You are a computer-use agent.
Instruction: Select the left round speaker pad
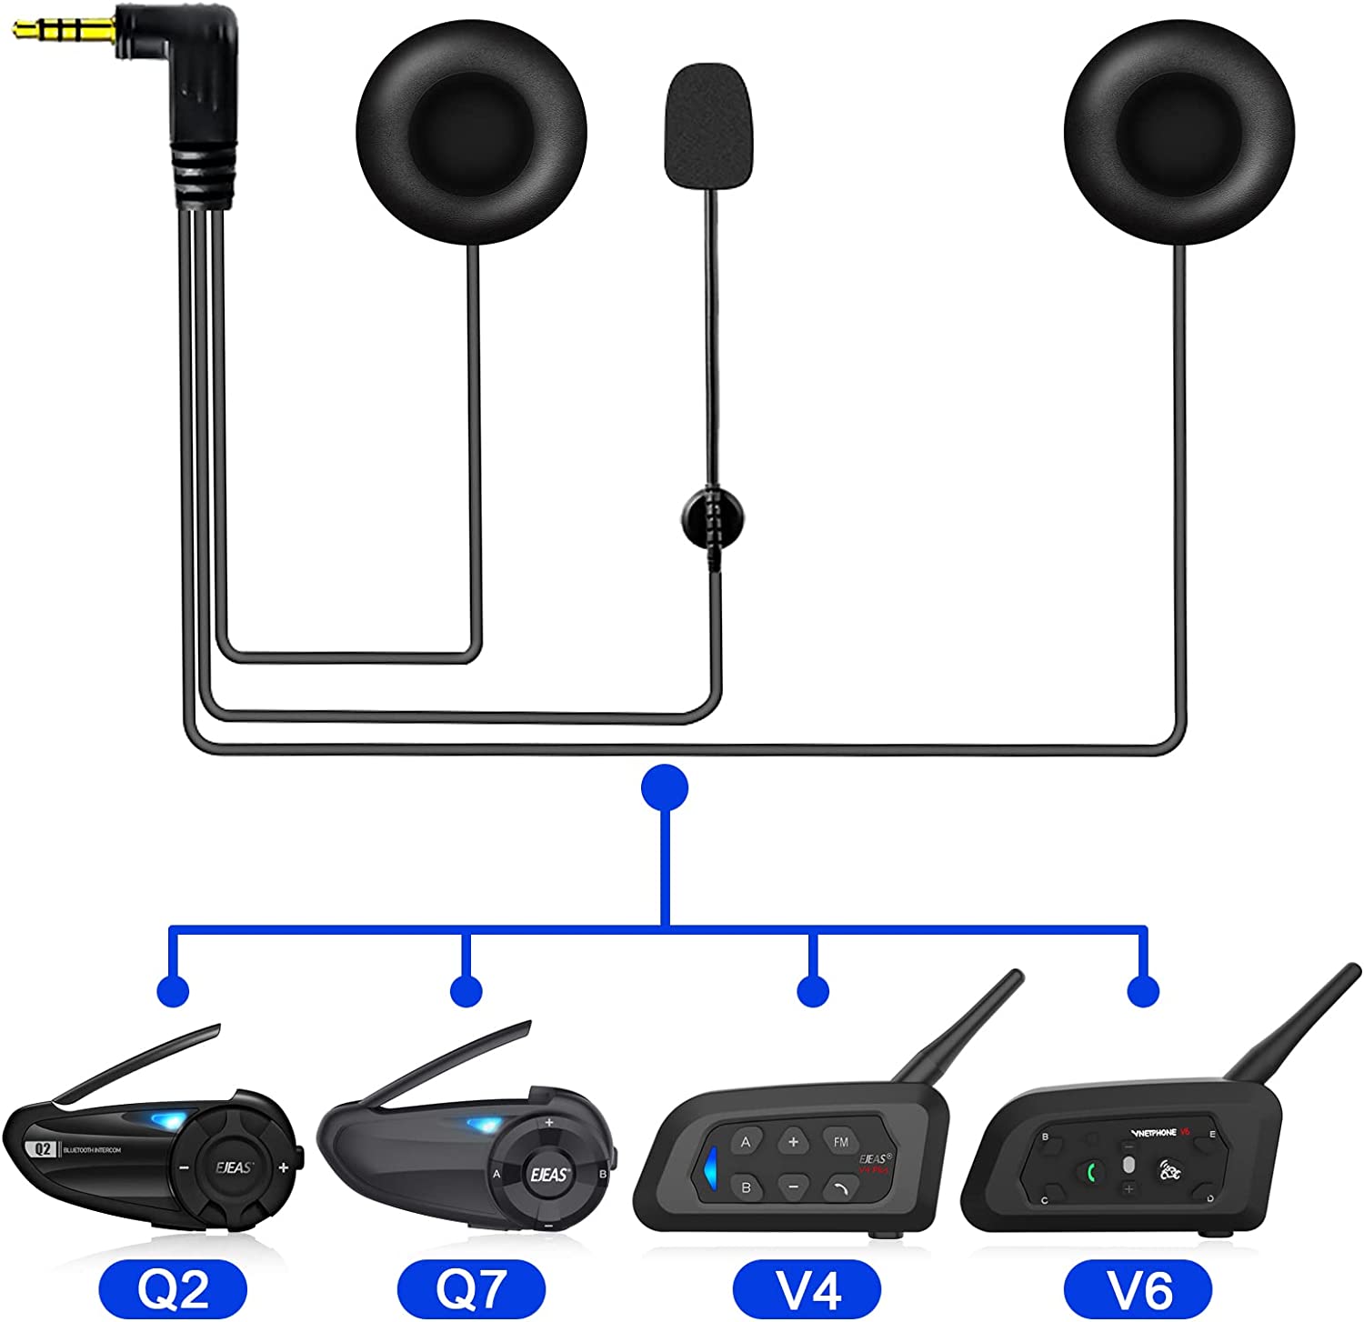coord(471,133)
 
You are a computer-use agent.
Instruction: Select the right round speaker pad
coord(1178,133)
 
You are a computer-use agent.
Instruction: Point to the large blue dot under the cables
coord(665,787)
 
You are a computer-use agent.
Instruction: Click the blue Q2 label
coord(173,1287)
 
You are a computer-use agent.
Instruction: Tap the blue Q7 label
coord(471,1287)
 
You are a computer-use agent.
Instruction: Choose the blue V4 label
coord(807,1287)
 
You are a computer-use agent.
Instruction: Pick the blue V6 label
coord(1138,1287)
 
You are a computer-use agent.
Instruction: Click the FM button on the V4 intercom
coord(840,1142)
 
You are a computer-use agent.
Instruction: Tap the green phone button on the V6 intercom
coord(1091,1172)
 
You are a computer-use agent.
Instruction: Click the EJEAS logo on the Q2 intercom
coord(234,1167)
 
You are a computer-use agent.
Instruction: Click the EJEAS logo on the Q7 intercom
coord(548,1175)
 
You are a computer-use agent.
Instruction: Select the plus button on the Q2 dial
coord(284,1167)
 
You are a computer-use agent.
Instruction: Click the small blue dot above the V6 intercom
coord(1143,991)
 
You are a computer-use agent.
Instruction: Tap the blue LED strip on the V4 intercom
coord(710,1167)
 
